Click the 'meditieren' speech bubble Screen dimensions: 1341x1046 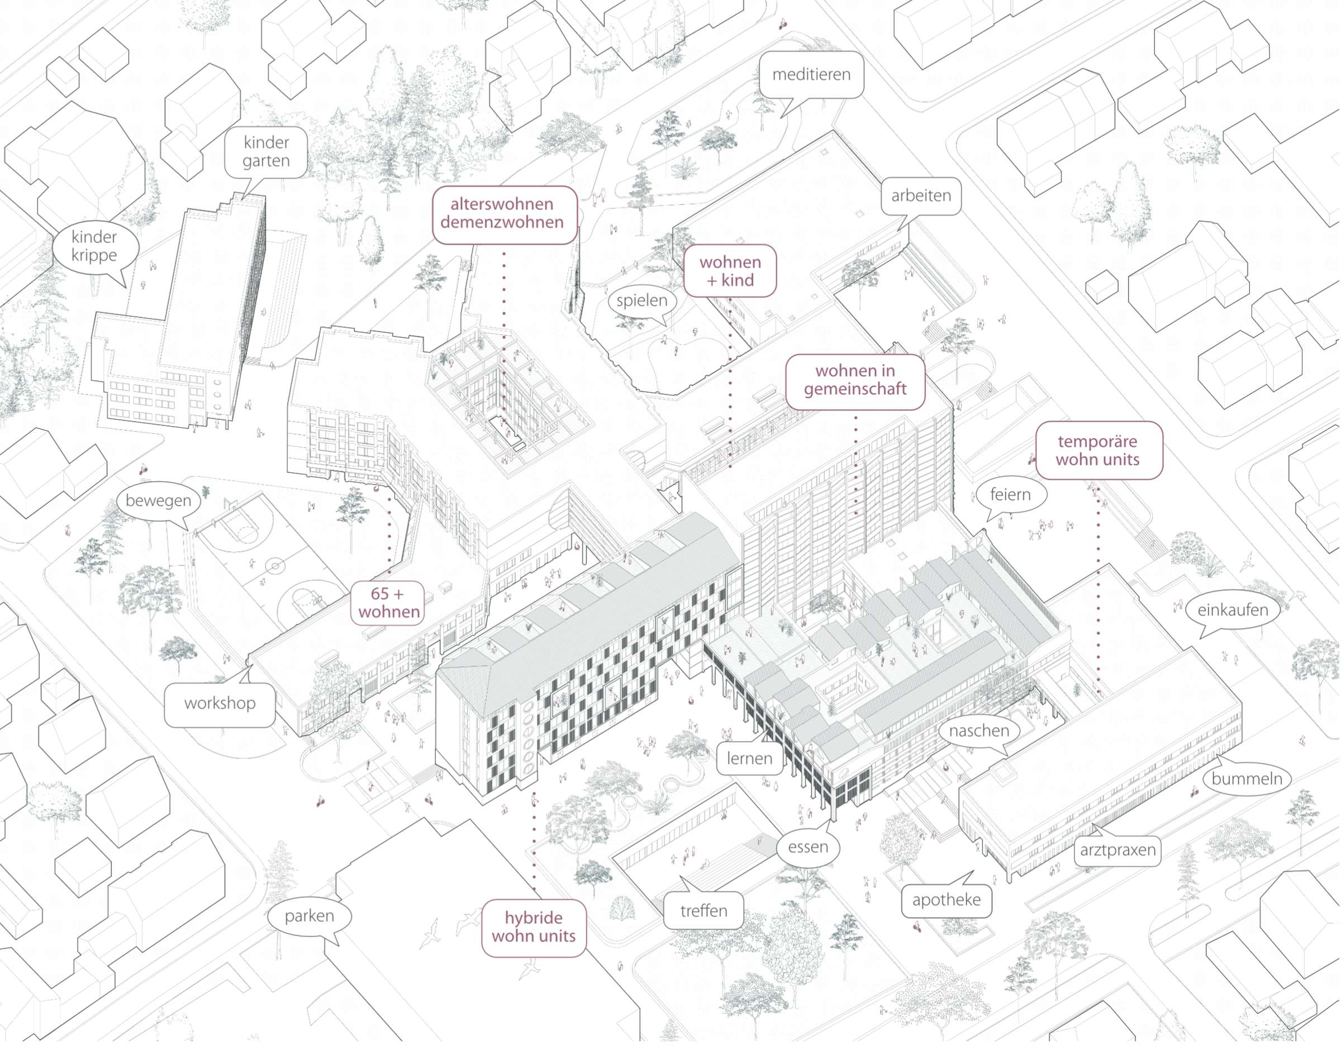(811, 74)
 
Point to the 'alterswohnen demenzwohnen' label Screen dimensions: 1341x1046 (505, 214)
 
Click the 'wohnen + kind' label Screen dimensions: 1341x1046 (730, 271)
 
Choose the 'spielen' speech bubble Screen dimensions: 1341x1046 (641, 301)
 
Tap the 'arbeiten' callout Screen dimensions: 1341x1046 (921, 197)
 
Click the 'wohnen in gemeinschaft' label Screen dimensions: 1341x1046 (855, 380)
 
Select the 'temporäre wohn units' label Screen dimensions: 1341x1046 (1099, 451)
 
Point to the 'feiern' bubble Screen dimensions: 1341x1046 (1010, 495)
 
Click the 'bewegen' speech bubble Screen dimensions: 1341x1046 (159, 501)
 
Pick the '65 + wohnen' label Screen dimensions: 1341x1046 (389, 603)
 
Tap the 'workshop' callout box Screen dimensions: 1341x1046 (220, 704)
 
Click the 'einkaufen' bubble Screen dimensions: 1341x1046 (1232, 610)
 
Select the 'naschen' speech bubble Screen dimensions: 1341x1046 (979, 731)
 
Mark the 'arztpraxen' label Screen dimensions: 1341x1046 (1117, 850)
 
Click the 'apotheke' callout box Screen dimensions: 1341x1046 (946, 900)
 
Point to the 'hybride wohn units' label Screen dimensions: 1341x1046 (534, 928)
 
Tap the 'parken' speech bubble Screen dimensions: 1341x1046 (310, 916)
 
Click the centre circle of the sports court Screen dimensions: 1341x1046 (275, 565)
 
